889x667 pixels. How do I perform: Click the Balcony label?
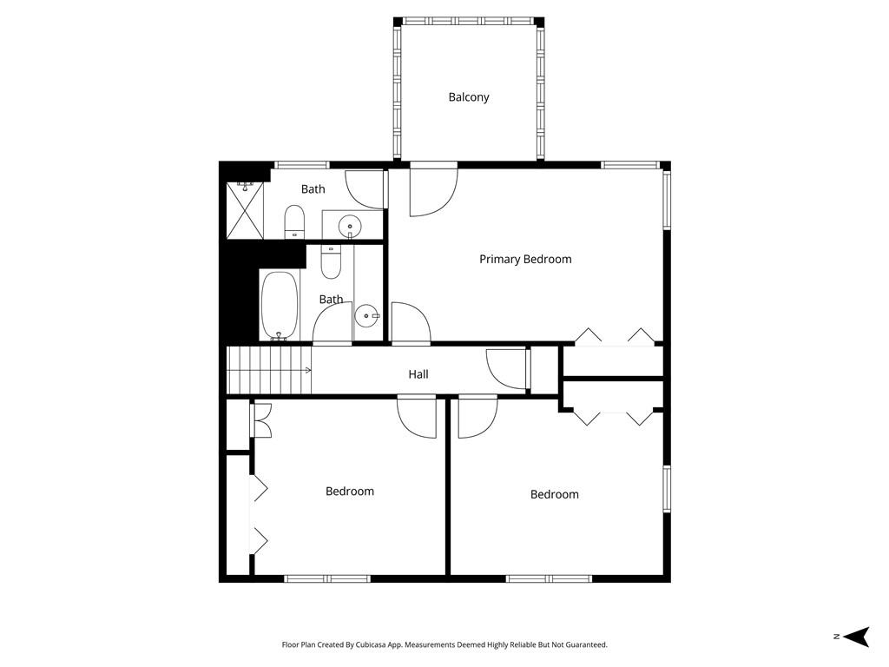coord(469,97)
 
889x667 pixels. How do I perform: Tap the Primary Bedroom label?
coord(525,259)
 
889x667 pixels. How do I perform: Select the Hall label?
coord(418,374)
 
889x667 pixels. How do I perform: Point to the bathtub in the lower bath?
coord(280,306)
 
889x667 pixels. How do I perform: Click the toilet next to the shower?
coord(295,221)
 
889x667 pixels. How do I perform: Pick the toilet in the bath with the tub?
coord(331,261)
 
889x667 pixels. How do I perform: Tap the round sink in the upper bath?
coord(350,224)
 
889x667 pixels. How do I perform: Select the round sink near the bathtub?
coord(368,315)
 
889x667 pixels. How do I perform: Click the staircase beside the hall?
coord(267,371)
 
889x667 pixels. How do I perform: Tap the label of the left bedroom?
coord(350,492)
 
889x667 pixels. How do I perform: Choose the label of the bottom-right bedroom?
coord(555,494)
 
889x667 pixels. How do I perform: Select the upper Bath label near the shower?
coord(313,189)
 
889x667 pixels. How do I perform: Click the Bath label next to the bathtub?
coord(331,300)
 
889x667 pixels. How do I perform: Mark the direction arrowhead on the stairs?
coord(308,371)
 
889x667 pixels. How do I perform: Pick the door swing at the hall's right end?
coord(507,368)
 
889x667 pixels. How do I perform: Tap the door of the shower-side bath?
coord(365,189)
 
